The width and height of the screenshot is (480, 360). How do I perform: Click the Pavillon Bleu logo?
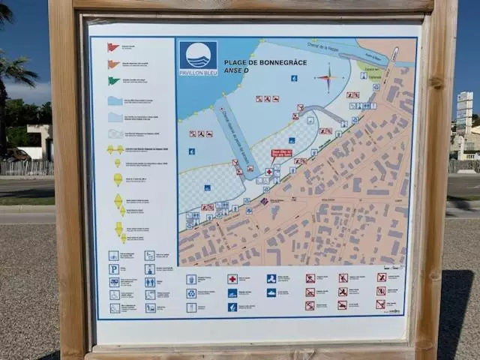click(199, 58)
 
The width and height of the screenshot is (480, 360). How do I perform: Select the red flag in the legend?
click(112, 47)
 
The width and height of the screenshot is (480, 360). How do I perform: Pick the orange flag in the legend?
click(113, 64)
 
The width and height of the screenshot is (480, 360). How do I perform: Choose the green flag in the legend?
click(113, 81)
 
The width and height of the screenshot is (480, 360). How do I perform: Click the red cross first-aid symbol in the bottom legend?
click(232, 279)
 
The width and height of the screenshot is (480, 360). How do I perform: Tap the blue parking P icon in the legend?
click(114, 269)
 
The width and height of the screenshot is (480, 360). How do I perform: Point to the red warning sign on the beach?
click(281, 153)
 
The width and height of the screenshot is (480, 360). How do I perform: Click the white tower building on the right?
click(465, 112)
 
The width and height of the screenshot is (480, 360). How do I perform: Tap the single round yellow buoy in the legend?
click(118, 179)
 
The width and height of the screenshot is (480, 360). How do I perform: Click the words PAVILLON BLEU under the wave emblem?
click(199, 73)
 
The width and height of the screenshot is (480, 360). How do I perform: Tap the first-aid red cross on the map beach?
click(268, 172)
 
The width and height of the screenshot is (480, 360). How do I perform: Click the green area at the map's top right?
click(368, 67)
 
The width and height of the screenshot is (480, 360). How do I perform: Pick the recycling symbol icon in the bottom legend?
click(191, 293)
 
